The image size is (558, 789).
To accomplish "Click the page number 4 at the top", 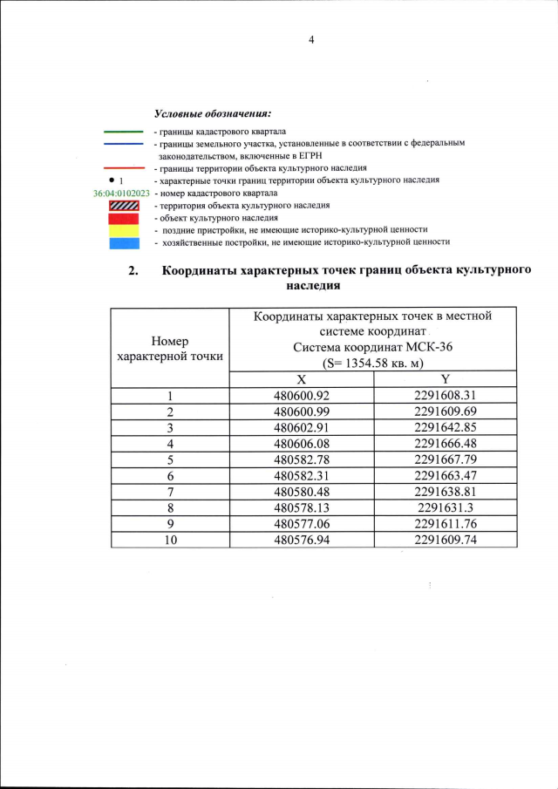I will coord(310,39).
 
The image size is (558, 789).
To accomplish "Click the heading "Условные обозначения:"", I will coord(212,114).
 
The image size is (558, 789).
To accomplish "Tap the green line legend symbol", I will coord(123,132).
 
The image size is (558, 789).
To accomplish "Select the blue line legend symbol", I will coord(123,143).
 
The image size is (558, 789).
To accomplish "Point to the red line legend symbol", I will coord(123,167).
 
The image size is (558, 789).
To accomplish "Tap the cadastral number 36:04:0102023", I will coord(121,193).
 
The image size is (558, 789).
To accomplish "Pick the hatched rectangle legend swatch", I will coord(123,205).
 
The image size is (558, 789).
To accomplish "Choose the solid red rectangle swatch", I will coord(123,217).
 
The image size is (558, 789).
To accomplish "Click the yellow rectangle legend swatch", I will coord(123,229).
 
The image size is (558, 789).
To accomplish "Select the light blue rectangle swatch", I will coord(123,241).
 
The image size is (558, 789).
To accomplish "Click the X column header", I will coord(301,379).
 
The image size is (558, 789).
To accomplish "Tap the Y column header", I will coord(445,379).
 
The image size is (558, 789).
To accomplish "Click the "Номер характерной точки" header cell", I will coord(169,348).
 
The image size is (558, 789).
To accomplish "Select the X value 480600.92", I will coord(301,396).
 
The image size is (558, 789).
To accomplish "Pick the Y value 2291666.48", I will coord(445,444).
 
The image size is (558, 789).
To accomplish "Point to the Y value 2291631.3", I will coord(445,507).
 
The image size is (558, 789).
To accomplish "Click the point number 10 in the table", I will coord(170,540).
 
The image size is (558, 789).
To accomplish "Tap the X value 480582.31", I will coord(301,476).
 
